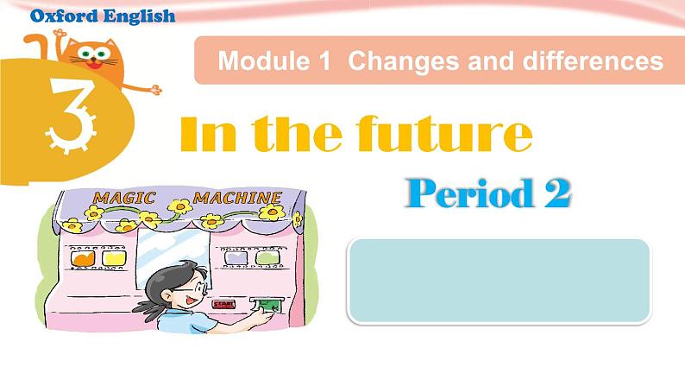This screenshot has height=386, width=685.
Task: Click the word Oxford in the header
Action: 64,16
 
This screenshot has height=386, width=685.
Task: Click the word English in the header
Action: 140,16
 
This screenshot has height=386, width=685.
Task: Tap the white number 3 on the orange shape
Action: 71,116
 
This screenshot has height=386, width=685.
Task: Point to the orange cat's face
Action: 94,56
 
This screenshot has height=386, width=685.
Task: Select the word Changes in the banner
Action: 403,60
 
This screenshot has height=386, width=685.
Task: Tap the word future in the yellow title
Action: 444,133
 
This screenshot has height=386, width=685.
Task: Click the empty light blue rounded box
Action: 500,282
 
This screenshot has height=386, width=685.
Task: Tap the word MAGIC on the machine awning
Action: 124,198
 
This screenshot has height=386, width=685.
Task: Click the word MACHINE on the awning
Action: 237,198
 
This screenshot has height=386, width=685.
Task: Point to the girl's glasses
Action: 194,288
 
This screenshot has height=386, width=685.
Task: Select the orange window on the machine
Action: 83,258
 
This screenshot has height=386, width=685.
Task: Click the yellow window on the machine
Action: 114,258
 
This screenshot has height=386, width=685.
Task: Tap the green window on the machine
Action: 267,258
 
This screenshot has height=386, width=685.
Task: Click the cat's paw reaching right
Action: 156,90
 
